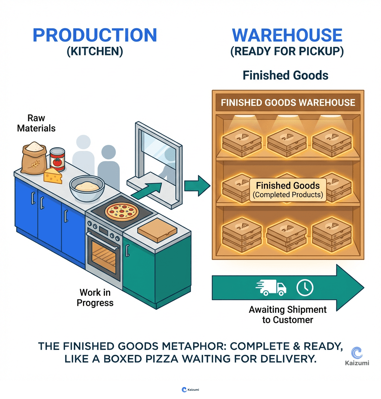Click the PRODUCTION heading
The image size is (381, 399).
coord(95,35)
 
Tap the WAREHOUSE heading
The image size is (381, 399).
coord(287,35)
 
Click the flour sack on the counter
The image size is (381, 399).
coord(34,158)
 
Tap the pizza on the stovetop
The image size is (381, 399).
coord(122,212)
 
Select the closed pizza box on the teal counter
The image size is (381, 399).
coord(157,230)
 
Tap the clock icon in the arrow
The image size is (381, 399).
coord(305,287)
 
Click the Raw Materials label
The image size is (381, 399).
coord(36,123)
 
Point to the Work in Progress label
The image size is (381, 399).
coord(95,298)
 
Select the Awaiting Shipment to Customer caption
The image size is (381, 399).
coord(288,315)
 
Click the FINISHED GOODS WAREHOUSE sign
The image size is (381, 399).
coord(288,103)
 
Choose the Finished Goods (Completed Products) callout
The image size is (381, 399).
coord(288,189)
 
